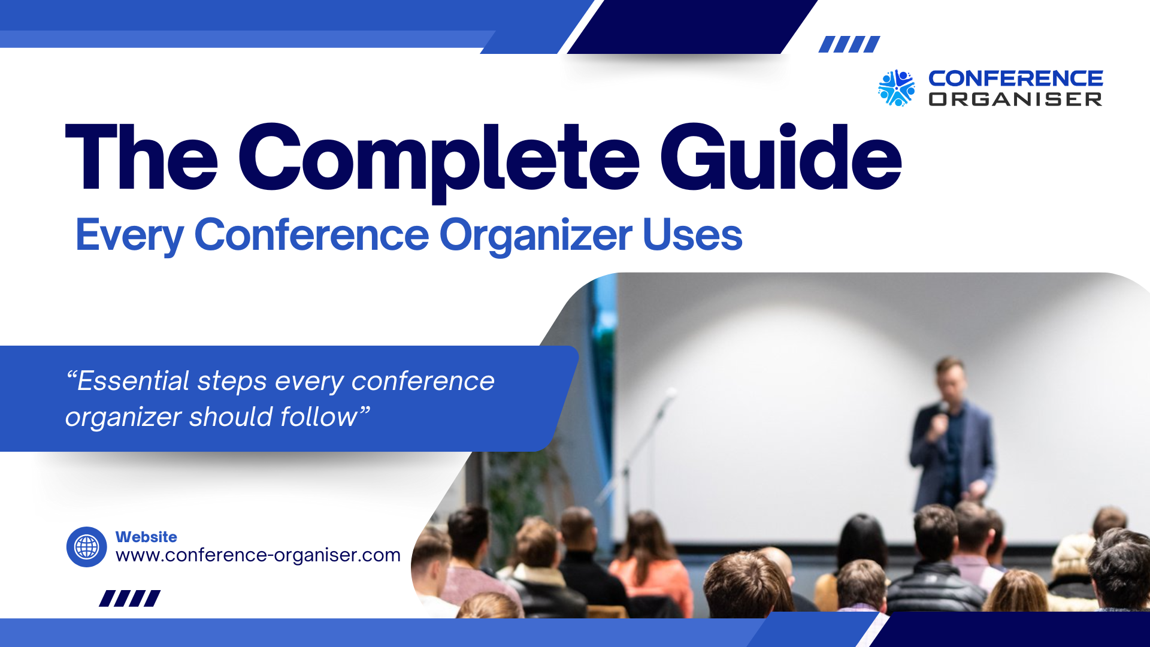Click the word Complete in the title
tap(439, 159)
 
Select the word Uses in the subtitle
tap(692, 235)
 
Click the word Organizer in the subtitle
tap(535, 237)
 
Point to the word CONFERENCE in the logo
tap(1015, 78)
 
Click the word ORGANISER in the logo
tap(1015, 99)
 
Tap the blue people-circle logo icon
tap(896, 88)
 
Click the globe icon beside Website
tap(87, 547)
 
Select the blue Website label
tap(146, 537)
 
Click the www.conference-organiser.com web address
tap(258, 555)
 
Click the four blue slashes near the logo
tap(849, 44)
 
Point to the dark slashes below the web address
tap(130, 598)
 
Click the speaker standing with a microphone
tap(951, 434)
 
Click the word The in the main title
tap(142, 157)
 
